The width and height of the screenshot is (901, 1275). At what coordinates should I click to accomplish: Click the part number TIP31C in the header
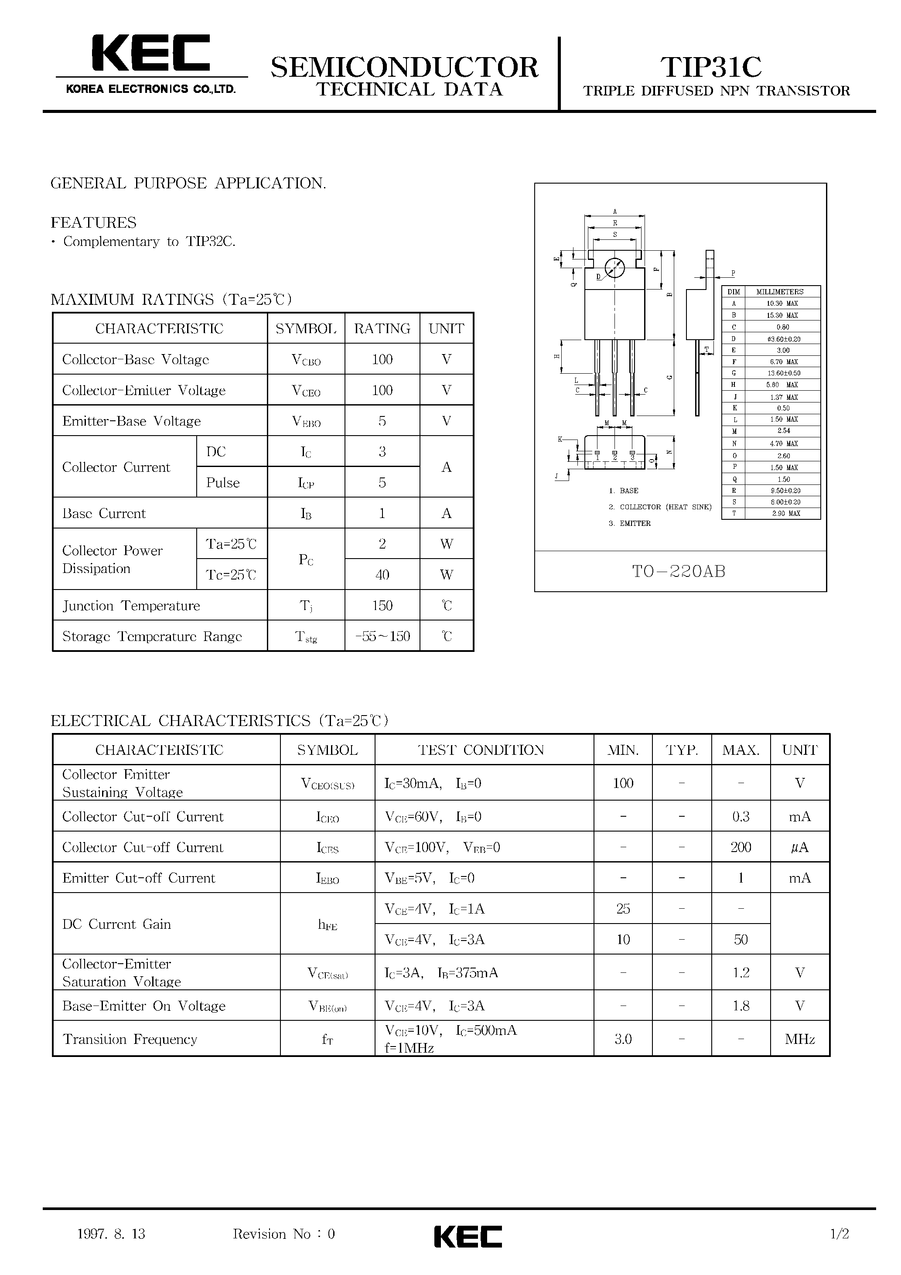click(x=710, y=67)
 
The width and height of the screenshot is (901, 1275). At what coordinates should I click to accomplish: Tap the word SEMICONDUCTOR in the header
click(x=404, y=68)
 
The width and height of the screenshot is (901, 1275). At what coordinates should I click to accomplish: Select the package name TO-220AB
click(x=679, y=571)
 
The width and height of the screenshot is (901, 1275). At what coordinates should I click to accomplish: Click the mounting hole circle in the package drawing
click(x=614, y=269)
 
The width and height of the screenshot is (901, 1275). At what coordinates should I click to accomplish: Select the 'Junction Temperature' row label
click(x=131, y=606)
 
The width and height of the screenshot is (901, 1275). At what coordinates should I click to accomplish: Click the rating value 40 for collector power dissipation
click(x=382, y=575)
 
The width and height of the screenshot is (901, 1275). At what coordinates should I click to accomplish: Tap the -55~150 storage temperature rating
click(x=382, y=636)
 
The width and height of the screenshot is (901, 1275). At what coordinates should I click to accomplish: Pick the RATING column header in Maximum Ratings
click(x=382, y=329)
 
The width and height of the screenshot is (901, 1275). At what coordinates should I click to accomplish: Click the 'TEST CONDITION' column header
click(x=481, y=750)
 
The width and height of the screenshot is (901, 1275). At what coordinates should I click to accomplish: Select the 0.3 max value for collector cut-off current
click(x=741, y=817)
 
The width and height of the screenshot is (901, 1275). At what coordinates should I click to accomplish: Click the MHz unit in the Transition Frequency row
click(x=799, y=1040)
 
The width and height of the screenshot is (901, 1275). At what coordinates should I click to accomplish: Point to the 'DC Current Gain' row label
click(x=116, y=924)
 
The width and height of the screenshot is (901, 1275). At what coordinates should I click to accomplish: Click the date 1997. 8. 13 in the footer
click(x=111, y=1234)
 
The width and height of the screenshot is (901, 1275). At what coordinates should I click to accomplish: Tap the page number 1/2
click(x=840, y=1234)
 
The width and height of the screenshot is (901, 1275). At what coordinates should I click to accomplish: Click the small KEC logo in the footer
click(x=467, y=1237)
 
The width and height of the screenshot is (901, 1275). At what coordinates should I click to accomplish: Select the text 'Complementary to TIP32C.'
click(x=149, y=242)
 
